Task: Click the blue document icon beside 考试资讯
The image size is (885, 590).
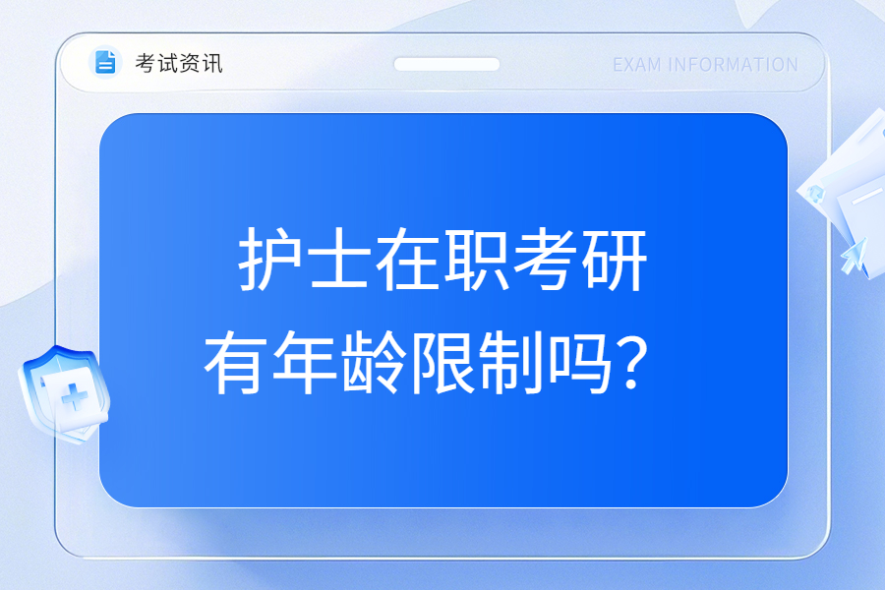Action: (x=105, y=62)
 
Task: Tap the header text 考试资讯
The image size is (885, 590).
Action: (x=178, y=63)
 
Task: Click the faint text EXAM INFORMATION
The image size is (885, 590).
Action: (x=705, y=65)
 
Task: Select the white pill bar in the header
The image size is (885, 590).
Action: (x=446, y=64)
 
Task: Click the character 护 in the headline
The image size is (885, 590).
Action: (x=269, y=260)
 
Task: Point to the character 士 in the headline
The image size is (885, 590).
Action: (x=338, y=260)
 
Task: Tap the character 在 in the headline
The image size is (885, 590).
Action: (x=407, y=260)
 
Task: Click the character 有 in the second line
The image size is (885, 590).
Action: (x=235, y=362)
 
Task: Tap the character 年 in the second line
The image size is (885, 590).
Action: (x=304, y=362)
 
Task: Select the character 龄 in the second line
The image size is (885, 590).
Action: (x=373, y=362)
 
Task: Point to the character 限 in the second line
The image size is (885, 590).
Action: (x=442, y=362)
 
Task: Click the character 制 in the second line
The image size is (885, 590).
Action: (x=510, y=362)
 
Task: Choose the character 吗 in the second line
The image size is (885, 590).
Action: (x=579, y=362)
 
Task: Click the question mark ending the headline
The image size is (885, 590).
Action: (x=631, y=364)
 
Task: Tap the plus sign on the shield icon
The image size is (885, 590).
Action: (x=75, y=396)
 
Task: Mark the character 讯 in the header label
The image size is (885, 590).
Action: (x=212, y=63)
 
